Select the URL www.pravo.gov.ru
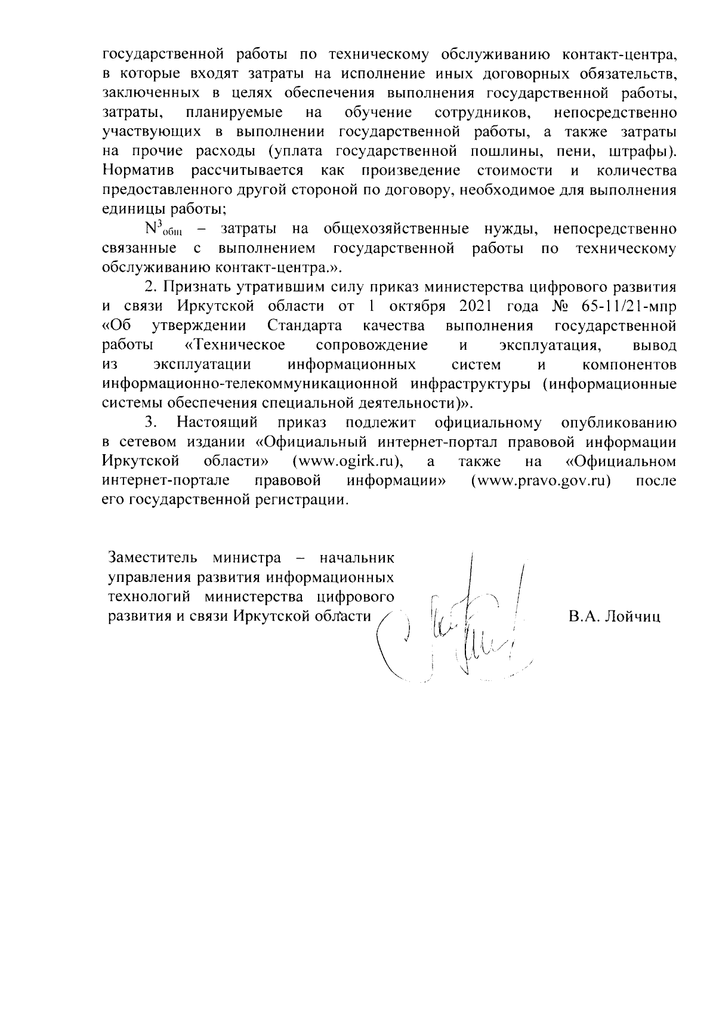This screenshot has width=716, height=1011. pyautogui.click(x=541, y=480)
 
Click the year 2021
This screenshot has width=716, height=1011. pyautogui.click(x=478, y=307)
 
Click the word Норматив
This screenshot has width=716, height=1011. pyautogui.click(x=138, y=171)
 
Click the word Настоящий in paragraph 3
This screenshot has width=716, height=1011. pyautogui.click(x=217, y=423)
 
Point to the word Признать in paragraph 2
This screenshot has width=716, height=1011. pyautogui.click(x=197, y=287)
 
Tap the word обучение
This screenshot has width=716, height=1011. pyautogui.click(x=378, y=113)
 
